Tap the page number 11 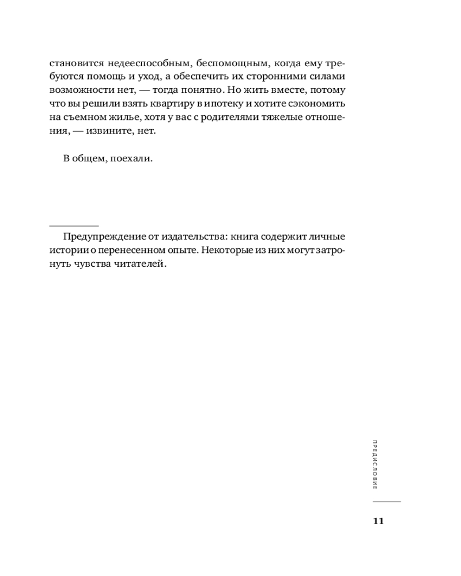tap(379, 521)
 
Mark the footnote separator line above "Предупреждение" tap(74, 226)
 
